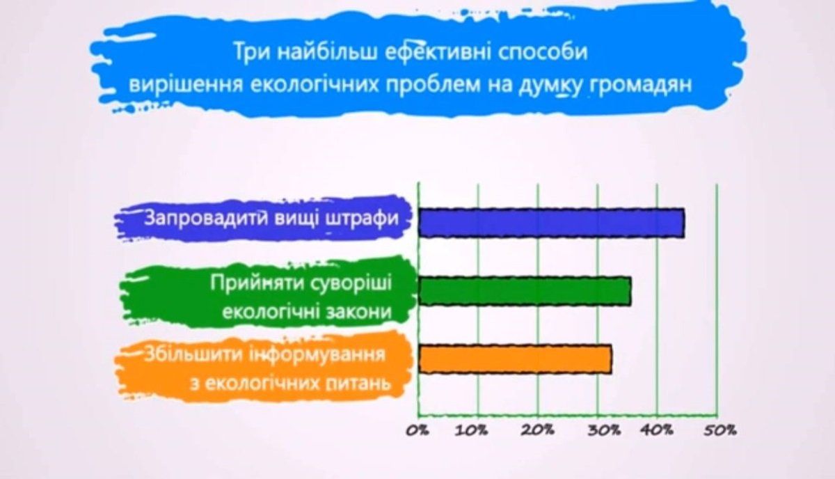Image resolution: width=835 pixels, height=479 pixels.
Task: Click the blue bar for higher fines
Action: [551, 223]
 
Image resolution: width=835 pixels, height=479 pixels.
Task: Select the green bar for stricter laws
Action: [525, 291]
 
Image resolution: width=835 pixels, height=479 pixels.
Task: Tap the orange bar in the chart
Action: [515, 359]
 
